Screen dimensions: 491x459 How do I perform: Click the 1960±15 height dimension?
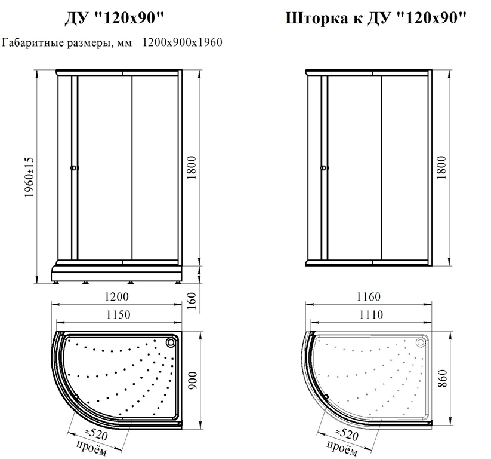tap(29, 177)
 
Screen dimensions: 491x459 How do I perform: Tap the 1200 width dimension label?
tap(116, 296)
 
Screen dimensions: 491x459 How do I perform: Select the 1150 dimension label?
tap(118, 314)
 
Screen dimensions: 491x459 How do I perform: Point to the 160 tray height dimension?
tap(192, 300)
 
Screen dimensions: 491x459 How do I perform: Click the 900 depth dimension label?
tap(192, 380)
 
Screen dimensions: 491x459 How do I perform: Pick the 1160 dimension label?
tap(369, 296)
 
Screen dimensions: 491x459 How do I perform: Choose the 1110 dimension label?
tap(370, 314)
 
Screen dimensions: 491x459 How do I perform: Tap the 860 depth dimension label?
tap(442, 378)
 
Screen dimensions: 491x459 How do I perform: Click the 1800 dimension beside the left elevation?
tap(191, 167)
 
